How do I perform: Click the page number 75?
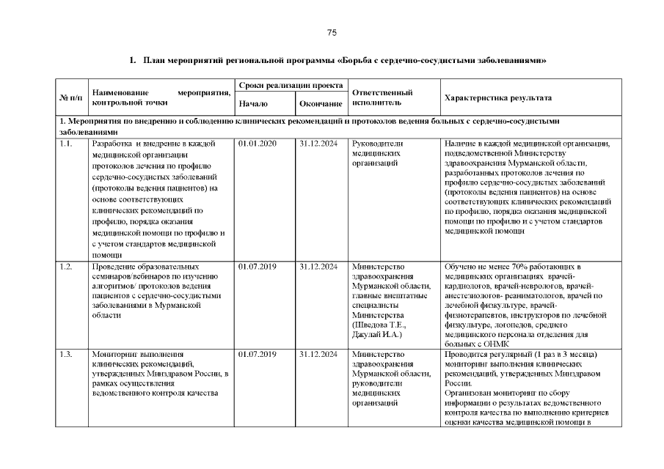[332, 33]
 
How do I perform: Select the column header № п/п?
[70, 98]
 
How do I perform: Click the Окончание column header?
[321, 104]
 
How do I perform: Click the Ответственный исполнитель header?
[382, 98]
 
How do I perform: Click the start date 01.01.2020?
[258, 144]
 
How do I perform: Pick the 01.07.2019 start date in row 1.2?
[258, 266]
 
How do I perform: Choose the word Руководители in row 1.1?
[378, 144]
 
